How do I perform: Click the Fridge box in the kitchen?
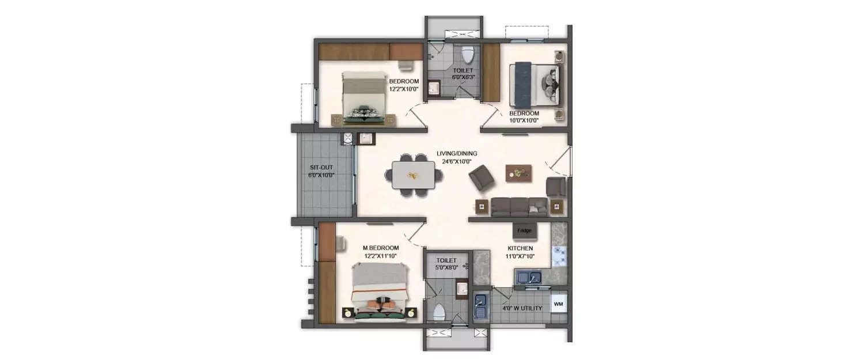[x=524, y=230]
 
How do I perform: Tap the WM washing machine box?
[x=559, y=304]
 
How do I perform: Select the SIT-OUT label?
[x=321, y=168]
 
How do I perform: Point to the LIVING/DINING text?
[x=457, y=154]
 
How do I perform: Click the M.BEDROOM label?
[x=381, y=248]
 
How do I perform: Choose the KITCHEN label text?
[x=520, y=248]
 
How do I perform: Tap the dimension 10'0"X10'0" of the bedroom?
[x=524, y=120]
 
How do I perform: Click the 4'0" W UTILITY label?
[x=522, y=308]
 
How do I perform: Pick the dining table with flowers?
[x=414, y=175]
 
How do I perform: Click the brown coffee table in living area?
[x=519, y=173]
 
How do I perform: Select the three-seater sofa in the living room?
[x=519, y=207]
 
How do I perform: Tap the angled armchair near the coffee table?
[x=482, y=177]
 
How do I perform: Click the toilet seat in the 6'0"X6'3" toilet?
[x=468, y=55]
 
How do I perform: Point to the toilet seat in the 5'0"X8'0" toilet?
[x=439, y=312]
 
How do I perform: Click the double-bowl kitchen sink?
[x=529, y=277]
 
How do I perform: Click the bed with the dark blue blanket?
[x=535, y=85]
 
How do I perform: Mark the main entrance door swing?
[x=558, y=158]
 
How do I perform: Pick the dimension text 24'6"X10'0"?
[x=457, y=162]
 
